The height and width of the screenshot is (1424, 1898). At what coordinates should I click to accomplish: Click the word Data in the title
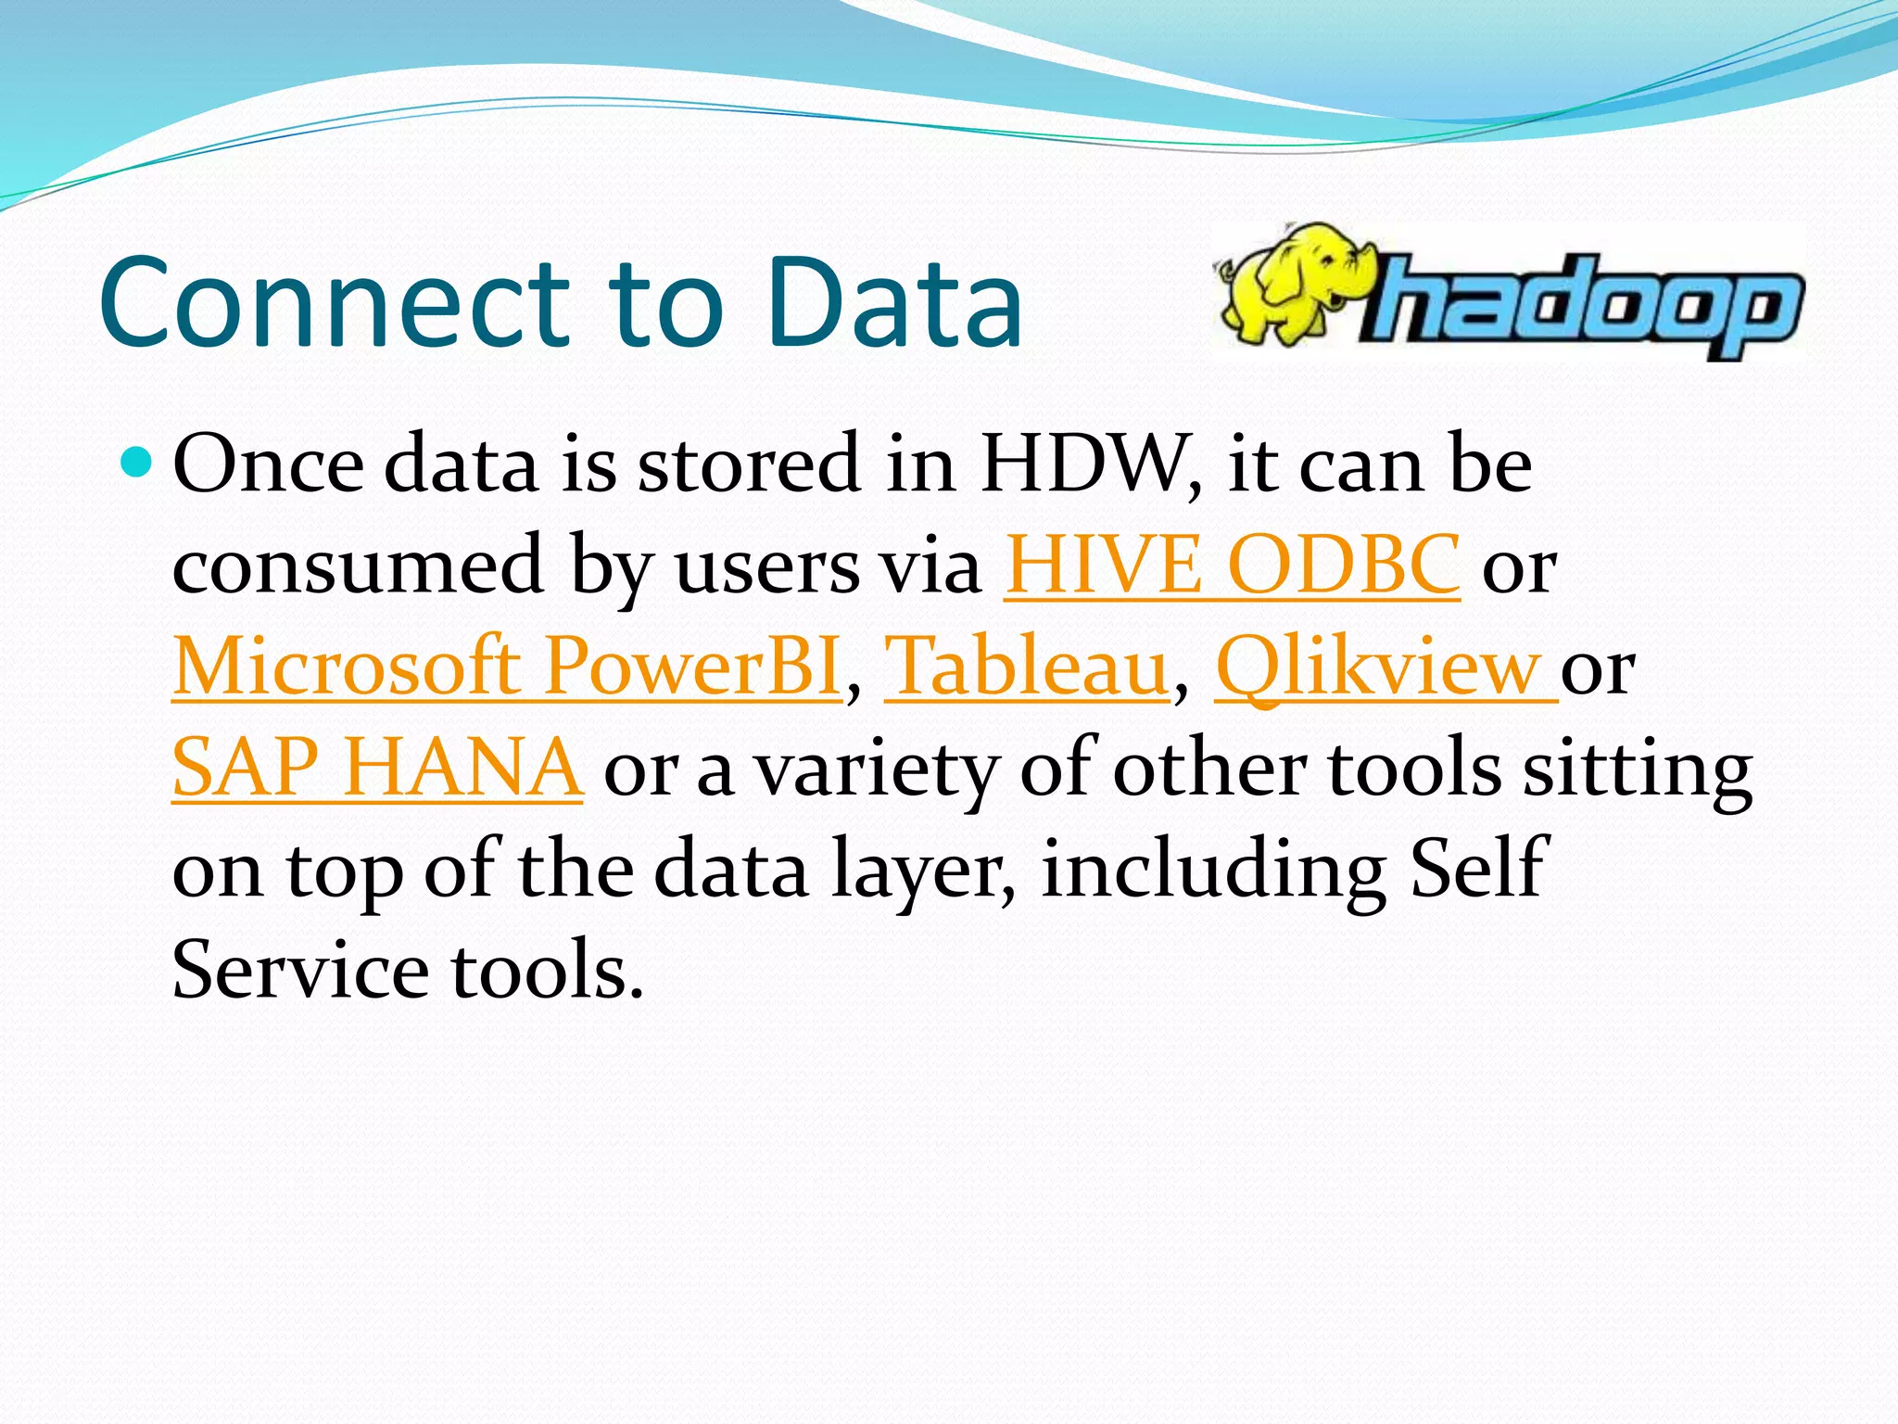pyautogui.click(x=894, y=303)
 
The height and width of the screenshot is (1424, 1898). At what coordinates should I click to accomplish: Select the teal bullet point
pyautogui.click(x=136, y=461)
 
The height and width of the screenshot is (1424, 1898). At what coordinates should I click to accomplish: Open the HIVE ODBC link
pyautogui.click(x=1232, y=565)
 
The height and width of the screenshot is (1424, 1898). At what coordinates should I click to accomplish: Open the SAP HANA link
pyautogui.click(x=377, y=768)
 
